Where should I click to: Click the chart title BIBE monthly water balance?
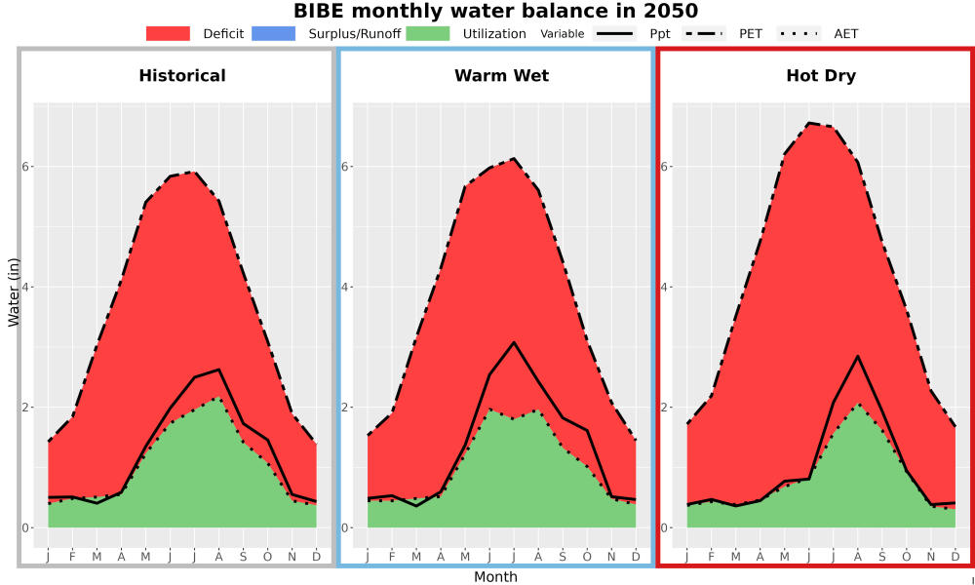(x=495, y=11)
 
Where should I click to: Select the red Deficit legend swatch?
(x=168, y=33)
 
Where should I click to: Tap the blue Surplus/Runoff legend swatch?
(x=274, y=33)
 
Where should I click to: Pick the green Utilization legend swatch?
(x=428, y=33)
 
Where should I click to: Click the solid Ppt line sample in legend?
(x=614, y=33)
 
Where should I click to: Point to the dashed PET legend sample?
(x=703, y=33)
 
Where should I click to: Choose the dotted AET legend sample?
(x=799, y=33)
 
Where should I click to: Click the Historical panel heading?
(x=182, y=76)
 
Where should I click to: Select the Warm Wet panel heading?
(x=502, y=76)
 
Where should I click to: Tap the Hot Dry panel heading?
(x=821, y=76)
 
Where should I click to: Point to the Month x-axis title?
(x=495, y=577)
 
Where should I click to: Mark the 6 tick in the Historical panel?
(x=26, y=167)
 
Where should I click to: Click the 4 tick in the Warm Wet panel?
(x=346, y=288)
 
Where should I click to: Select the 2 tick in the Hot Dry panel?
(x=665, y=408)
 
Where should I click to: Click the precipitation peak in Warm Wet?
(x=514, y=342)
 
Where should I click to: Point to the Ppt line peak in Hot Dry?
(x=857, y=356)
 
